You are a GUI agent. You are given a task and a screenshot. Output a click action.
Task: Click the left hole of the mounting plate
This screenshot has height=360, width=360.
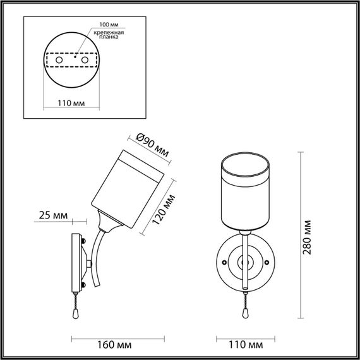tap(59, 59)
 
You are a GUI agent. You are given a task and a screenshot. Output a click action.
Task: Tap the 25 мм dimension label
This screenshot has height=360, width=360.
tap(52, 216)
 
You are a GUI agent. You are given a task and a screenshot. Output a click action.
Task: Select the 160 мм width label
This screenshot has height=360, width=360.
tap(116, 346)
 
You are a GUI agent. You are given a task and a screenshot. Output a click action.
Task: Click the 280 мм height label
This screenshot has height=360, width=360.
tap(307, 236)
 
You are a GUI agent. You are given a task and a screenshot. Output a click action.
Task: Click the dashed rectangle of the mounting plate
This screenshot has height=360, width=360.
tap(71, 59)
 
